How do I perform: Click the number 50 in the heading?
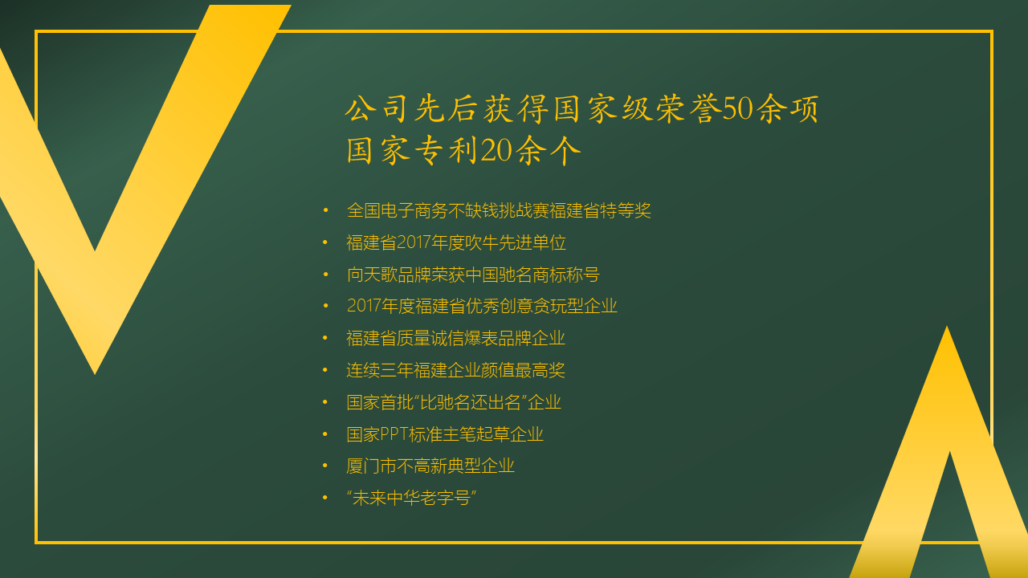point(737,109)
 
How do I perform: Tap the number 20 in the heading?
point(496,150)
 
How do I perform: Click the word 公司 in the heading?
point(377,109)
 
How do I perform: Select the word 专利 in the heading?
point(446,150)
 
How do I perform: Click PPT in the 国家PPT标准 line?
point(394,434)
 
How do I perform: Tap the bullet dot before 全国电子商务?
point(325,210)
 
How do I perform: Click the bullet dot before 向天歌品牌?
point(325,275)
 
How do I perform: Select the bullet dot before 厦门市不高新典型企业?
point(325,466)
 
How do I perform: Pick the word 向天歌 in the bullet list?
point(372,275)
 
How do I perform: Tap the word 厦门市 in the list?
point(371,466)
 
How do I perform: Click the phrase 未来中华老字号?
point(411,499)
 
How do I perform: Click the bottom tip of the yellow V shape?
point(95,374)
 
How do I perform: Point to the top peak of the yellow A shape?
point(947,327)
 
